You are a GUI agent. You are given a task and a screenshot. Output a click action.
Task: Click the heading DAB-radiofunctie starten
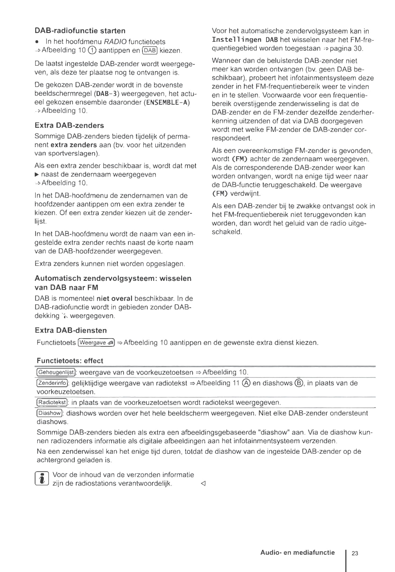pyautogui.click(x=80, y=31)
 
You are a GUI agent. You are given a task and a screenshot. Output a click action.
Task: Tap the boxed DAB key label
pyautogui.click(x=150, y=50)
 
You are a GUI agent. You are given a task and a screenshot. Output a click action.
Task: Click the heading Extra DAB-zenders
pyautogui.click(x=69, y=126)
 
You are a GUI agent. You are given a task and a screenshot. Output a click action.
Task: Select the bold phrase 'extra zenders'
pyautogui.click(x=74, y=145)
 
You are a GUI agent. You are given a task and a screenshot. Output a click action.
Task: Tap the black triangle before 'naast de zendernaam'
pyautogui.click(x=37, y=175)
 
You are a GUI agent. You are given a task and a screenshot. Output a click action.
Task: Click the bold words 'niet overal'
pyautogui.click(x=114, y=298)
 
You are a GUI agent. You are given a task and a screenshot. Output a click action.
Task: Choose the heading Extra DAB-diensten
pyautogui.click(x=71, y=330)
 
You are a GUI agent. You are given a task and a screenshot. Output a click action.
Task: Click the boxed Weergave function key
pyautogui.click(x=97, y=343)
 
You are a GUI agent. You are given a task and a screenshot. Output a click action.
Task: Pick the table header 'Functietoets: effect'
pyautogui.click(x=70, y=361)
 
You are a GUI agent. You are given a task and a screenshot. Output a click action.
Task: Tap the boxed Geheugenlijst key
pyautogui.click(x=56, y=372)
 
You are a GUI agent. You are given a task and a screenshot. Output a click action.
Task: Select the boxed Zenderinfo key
pyautogui.click(x=52, y=383)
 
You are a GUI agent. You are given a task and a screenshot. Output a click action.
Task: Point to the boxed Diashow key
pyautogui.click(x=49, y=413)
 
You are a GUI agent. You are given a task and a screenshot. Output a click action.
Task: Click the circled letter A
pyautogui.click(x=246, y=383)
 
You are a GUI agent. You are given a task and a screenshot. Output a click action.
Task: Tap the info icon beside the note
pyautogui.click(x=42, y=479)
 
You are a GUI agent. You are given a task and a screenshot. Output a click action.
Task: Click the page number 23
pyautogui.click(x=355, y=553)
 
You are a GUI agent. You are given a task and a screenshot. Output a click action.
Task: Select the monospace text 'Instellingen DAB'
pyautogui.click(x=245, y=40)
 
